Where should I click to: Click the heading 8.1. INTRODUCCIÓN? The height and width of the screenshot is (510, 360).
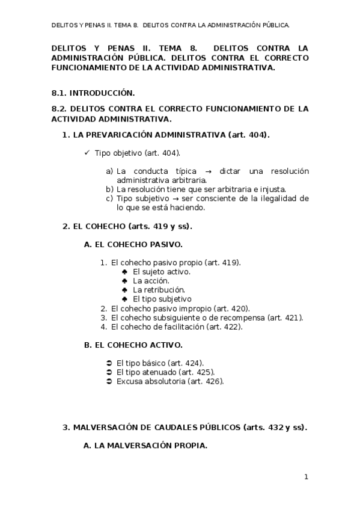pos(93,93)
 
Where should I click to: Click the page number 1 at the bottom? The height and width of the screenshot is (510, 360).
pos(306,477)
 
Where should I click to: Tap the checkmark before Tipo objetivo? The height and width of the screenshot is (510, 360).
pos(87,153)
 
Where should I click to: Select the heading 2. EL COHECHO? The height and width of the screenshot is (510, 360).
pos(127,226)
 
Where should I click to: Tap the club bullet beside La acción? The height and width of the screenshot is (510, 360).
pos(124,281)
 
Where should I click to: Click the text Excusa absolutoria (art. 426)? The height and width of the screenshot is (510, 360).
pos(170,381)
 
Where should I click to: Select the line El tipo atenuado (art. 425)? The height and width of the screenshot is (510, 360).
pos(165,372)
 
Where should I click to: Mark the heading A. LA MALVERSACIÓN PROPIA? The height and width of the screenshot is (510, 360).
pos(145,446)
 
